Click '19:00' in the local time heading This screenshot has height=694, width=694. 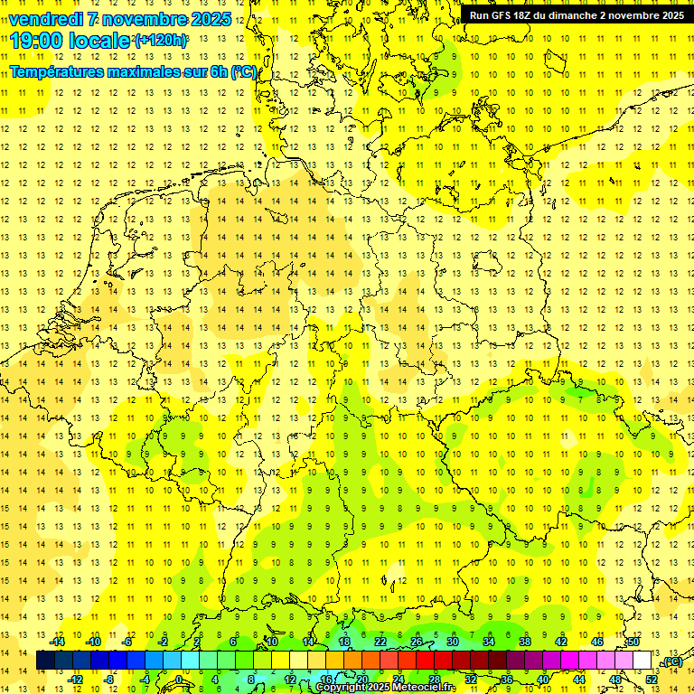(37, 41)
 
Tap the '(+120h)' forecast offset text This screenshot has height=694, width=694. (161, 41)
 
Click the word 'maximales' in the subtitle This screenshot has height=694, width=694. (130, 71)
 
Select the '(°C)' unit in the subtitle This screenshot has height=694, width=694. (243, 71)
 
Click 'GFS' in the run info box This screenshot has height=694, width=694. (501, 15)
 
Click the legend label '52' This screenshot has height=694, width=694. (652, 680)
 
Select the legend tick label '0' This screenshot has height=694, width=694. (179, 680)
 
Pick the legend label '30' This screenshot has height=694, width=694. (452, 642)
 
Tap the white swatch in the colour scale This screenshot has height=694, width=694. (642, 661)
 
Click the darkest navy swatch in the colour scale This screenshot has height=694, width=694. (45, 661)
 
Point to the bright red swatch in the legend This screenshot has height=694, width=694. (425, 661)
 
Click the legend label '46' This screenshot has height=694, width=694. (596, 642)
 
